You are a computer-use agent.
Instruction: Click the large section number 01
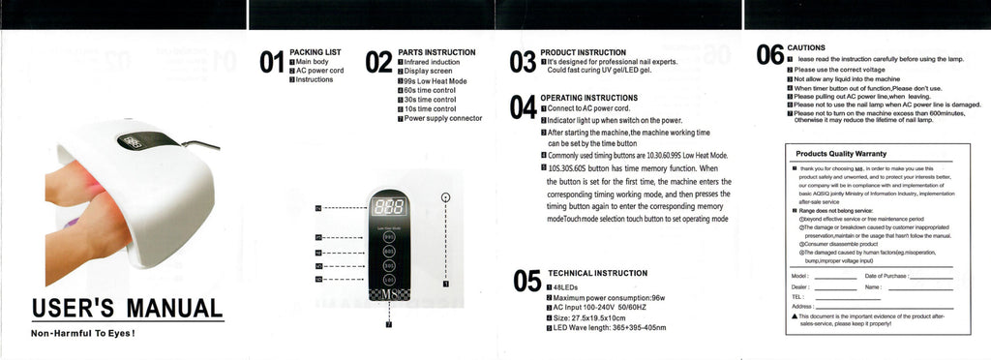pos(272,63)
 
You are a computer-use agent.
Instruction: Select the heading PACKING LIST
pos(315,51)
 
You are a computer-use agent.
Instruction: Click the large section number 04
pos(523,106)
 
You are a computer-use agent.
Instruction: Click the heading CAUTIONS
pos(806,47)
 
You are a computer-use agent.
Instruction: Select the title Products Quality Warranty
pos(840,153)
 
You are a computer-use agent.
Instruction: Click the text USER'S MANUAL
pos(126,309)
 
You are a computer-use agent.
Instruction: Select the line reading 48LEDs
pos(566,288)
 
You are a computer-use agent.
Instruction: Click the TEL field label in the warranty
pos(798,296)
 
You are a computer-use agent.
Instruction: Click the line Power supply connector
pos(442,118)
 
